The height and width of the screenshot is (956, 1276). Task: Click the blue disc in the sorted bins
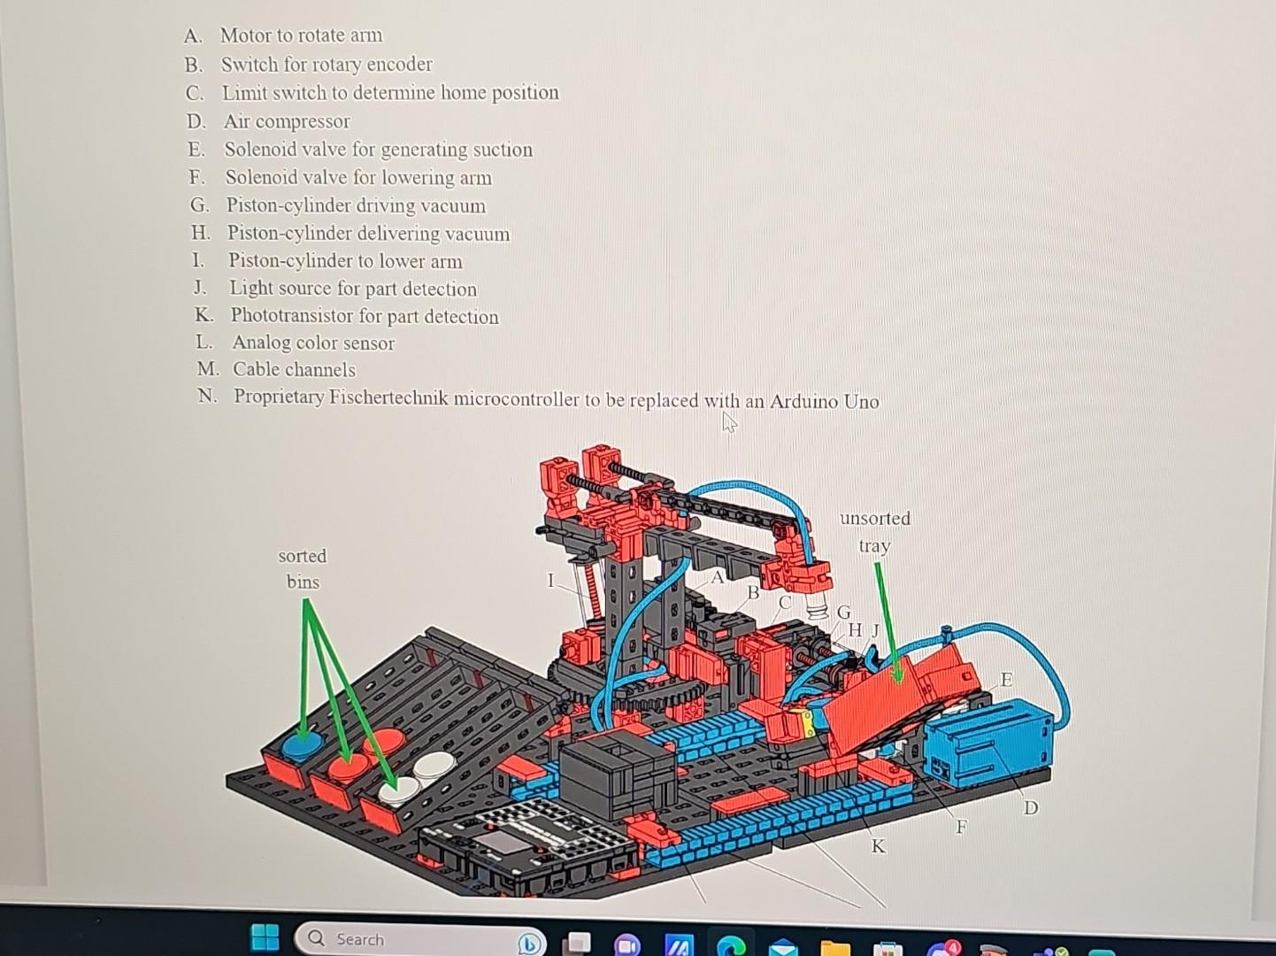303,744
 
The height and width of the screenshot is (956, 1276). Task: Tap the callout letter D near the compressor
1030,807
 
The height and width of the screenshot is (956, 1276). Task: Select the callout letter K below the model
878,846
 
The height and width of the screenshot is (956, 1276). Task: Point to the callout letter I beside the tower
550,581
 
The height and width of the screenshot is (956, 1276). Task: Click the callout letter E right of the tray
1006,680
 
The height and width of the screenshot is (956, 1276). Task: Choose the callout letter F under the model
961,827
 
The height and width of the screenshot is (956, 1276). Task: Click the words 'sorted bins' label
303,568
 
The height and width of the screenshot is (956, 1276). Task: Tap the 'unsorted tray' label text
875,531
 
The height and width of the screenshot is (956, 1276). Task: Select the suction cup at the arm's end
818,607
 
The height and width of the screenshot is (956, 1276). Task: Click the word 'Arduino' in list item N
803,401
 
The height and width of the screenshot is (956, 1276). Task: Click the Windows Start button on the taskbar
265,937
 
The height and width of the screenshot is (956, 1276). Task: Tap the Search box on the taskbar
419,939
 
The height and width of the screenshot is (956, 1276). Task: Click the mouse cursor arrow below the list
729,423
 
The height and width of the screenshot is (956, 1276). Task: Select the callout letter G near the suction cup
843,613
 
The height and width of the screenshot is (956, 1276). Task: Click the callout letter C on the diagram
784,603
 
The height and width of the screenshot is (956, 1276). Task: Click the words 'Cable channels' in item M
294,369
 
